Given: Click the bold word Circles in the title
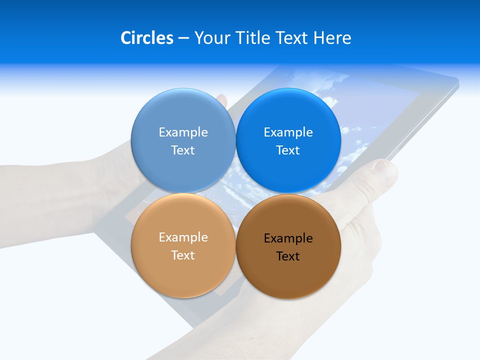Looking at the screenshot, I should click(147, 38).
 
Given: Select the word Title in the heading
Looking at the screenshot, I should click(253, 38).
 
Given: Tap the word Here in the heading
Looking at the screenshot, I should click(332, 38).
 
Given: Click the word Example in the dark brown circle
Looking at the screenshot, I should click(288, 238).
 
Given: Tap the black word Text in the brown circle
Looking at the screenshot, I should click(288, 256).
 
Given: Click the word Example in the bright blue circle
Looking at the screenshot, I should click(288, 132).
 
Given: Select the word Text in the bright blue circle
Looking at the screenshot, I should click(288, 150).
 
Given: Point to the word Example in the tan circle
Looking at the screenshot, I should click(183, 237).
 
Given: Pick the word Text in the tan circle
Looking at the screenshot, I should click(183, 255).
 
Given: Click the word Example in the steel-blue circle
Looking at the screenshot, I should click(183, 132).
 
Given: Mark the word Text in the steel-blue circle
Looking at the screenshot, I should click(183, 150).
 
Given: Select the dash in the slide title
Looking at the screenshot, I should click(183, 38).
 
